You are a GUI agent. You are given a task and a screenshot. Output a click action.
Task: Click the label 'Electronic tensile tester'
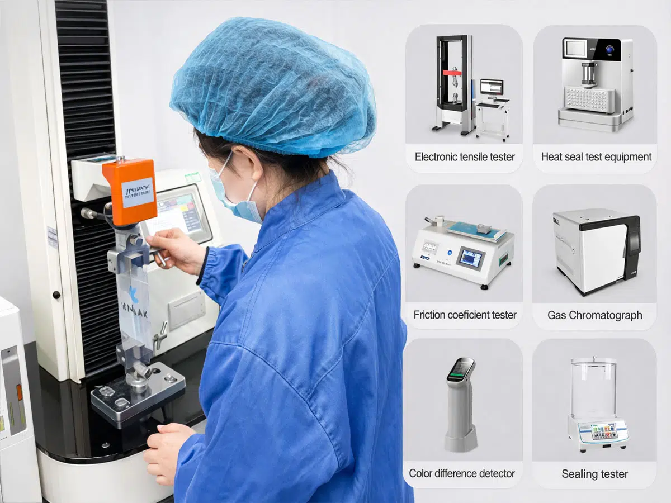pyautogui.click(x=465, y=157)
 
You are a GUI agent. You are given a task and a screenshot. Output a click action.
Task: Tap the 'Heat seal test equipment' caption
pyautogui.click(x=596, y=157)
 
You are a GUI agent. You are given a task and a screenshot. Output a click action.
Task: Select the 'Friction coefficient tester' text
pyautogui.click(x=465, y=315)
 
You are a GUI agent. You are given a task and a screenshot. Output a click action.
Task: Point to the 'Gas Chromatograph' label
pyautogui.click(x=594, y=315)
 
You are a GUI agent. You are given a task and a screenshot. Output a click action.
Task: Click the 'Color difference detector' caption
pyautogui.click(x=462, y=473)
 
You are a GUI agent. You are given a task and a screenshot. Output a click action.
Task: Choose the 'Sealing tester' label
pyautogui.click(x=594, y=474)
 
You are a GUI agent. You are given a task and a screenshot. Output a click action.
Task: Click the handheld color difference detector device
pyautogui.click(x=460, y=402)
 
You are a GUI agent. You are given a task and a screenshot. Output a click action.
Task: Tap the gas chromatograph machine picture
pyautogui.click(x=596, y=250)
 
